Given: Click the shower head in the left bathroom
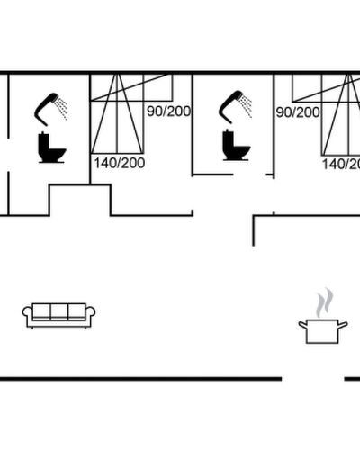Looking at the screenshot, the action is [x=45, y=108].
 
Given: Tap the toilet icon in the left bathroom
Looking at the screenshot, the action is [x=51, y=148].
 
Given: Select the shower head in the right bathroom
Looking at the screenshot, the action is [x=229, y=105].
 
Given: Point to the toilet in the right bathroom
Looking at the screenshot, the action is [x=236, y=145].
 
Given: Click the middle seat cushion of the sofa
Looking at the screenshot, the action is [x=59, y=311].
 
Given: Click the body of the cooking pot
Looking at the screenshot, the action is [x=322, y=332].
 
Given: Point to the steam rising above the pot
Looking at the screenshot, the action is [x=324, y=303].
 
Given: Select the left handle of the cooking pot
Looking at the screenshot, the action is [x=302, y=324].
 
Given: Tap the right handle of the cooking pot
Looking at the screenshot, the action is [x=343, y=324].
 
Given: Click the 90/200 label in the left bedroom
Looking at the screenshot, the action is [x=168, y=112].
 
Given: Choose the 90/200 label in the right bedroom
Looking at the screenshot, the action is [x=298, y=112].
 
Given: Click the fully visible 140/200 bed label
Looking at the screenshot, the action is [x=120, y=163].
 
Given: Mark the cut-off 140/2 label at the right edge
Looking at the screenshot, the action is [x=341, y=164].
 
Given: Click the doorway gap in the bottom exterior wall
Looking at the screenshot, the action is [x=313, y=379].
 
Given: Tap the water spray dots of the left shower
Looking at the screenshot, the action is [x=63, y=109].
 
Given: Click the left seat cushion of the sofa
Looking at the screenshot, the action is [x=41, y=311].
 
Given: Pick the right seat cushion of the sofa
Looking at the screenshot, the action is [x=77, y=311].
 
